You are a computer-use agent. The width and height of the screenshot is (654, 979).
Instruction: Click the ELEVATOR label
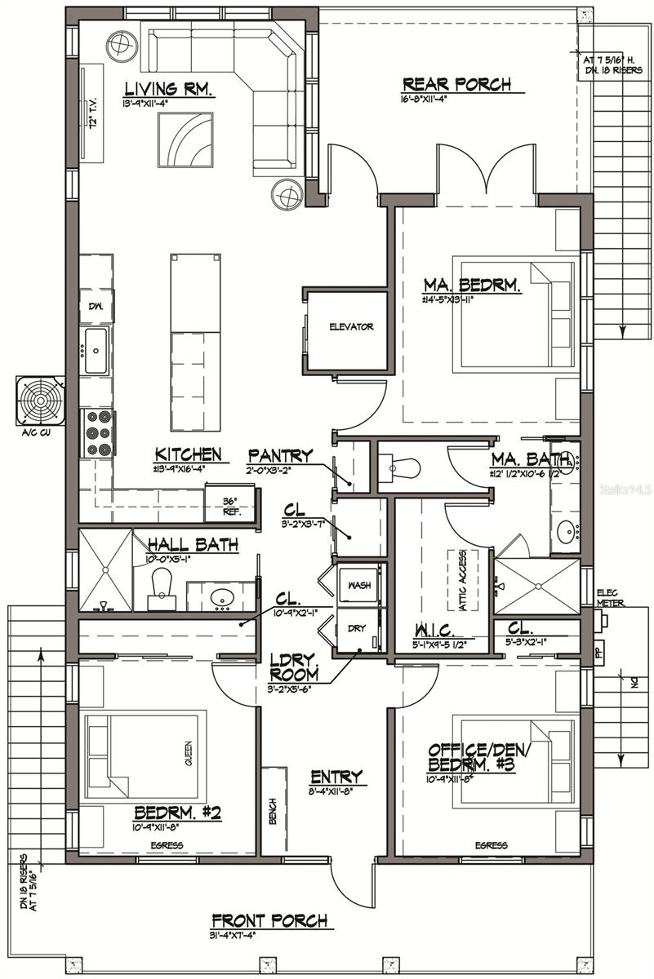(x=351, y=327)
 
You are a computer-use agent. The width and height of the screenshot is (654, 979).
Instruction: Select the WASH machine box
(x=359, y=586)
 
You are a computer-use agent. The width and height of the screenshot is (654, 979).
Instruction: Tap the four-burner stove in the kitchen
(x=98, y=433)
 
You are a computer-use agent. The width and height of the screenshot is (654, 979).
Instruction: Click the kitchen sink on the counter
(x=96, y=351)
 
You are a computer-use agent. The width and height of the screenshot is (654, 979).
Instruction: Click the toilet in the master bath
(x=403, y=468)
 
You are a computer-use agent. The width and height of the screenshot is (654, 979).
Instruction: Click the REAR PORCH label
(x=457, y=84)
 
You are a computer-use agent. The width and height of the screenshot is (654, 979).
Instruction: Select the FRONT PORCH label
(x=269, y=920)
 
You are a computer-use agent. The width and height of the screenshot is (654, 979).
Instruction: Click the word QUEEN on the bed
(x=188, y=754)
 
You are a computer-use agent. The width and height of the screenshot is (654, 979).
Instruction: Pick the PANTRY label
(x=280, y=454)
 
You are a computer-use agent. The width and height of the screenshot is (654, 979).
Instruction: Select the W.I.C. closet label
(x=434, y=632)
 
